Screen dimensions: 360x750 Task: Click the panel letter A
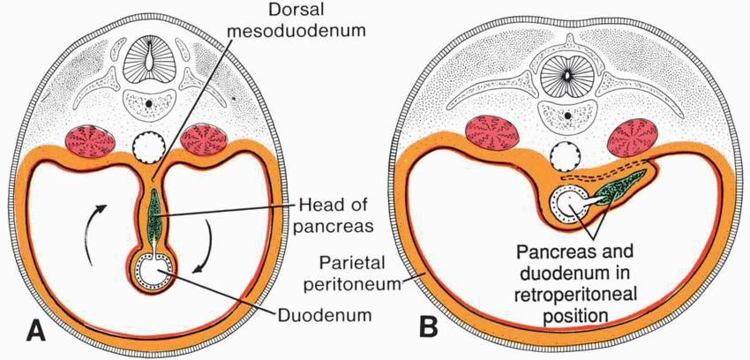click(x=36, y=330)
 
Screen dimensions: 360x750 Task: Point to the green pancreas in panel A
click(x=154, y=217)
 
